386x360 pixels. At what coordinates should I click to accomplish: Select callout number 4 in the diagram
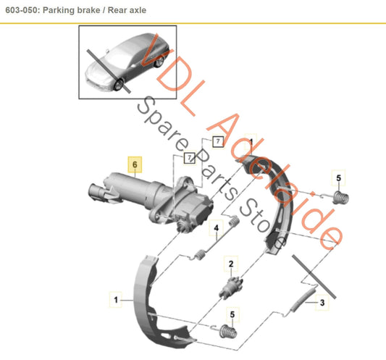coord(216,231)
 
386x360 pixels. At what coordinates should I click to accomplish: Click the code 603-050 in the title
coord(23,9)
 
